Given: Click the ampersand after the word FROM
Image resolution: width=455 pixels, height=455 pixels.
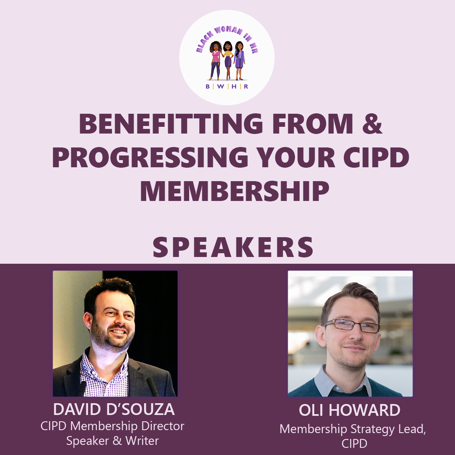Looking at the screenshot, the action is [x=372, y=123].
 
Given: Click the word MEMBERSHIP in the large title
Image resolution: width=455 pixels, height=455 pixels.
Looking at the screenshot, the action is [x=235, y=191].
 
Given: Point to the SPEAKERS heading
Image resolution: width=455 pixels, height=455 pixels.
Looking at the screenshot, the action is [x=233, y=247].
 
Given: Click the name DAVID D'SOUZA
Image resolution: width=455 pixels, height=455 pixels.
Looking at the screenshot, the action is [x=114, y=409].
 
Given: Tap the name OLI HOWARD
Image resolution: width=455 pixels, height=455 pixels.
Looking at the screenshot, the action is [x=350, y=410].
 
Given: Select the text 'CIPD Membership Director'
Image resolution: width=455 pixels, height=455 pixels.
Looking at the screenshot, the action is [x=112, y=426].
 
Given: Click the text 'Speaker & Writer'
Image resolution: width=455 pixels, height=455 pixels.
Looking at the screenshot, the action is [x=112, y=441].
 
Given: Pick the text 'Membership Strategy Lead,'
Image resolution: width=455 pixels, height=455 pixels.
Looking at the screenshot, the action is [x=353, y=429].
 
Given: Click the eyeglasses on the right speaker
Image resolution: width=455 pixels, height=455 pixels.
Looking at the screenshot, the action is [x=352, y=325].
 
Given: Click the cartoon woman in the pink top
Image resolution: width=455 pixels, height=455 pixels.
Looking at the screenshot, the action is [x=215, y=61].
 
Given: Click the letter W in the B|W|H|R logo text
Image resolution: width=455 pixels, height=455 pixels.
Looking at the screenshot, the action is [x=220, y=86].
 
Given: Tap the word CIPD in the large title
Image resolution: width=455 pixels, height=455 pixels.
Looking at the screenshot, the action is [x=376, y=157].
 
